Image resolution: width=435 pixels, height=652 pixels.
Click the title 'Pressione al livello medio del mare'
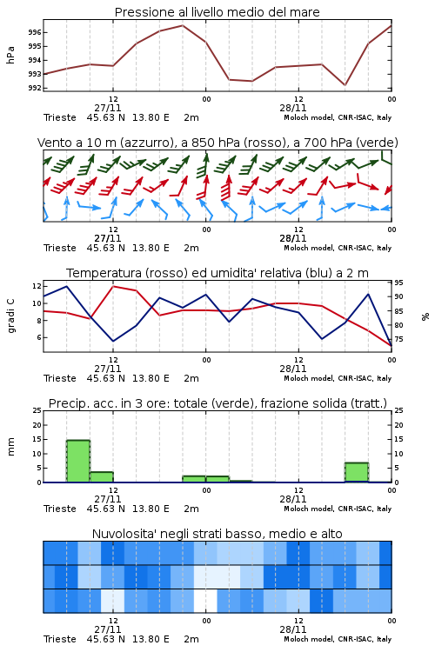[217, 12]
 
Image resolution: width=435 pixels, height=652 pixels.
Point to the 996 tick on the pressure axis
[35, 32]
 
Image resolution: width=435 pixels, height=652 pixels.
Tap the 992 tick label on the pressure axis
[35, 88]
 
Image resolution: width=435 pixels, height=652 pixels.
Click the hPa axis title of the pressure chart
[10, 55]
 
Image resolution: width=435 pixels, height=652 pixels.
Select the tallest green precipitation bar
[78, 461]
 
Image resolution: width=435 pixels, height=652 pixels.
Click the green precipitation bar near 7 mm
[357, 472]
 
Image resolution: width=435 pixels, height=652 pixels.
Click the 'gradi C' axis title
[10, 316]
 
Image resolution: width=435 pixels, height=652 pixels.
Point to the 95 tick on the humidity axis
[398, 283]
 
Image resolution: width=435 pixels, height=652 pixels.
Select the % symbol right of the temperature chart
[425, 316]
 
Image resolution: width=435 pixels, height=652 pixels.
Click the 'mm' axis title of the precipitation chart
[10, 447]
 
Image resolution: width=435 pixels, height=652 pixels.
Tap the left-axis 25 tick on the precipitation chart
[37, 411]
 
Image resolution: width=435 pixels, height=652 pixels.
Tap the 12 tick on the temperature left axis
[37, 286]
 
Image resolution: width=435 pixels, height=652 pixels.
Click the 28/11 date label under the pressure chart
[293, 108]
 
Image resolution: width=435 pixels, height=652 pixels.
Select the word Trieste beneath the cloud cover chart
[60, 639]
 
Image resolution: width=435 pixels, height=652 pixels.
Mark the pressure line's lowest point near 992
[345, 85]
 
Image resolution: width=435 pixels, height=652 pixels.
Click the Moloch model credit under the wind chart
[338, 249]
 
